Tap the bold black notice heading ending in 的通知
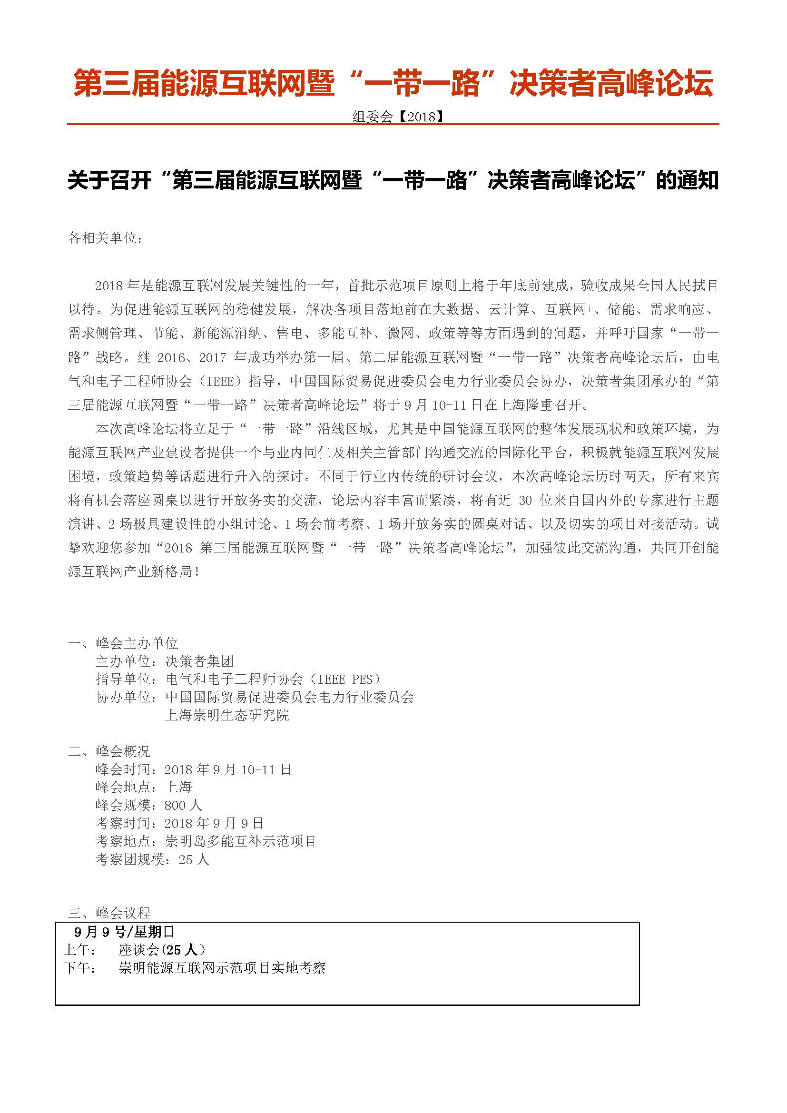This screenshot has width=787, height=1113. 393,181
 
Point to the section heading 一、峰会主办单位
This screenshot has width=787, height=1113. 123,643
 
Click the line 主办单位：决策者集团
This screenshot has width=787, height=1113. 165,661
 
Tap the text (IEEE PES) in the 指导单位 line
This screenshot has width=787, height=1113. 346,679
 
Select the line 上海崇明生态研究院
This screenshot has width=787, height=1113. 227,715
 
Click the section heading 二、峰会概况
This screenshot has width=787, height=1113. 109,751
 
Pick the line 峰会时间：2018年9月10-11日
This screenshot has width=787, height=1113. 194,769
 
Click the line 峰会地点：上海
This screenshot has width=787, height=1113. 144,787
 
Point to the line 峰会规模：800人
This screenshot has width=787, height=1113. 149,805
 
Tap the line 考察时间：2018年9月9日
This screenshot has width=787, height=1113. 180,823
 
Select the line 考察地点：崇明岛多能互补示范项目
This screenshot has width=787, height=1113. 206,841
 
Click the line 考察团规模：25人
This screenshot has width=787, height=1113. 153,859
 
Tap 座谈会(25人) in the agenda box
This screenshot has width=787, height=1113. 162,950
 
